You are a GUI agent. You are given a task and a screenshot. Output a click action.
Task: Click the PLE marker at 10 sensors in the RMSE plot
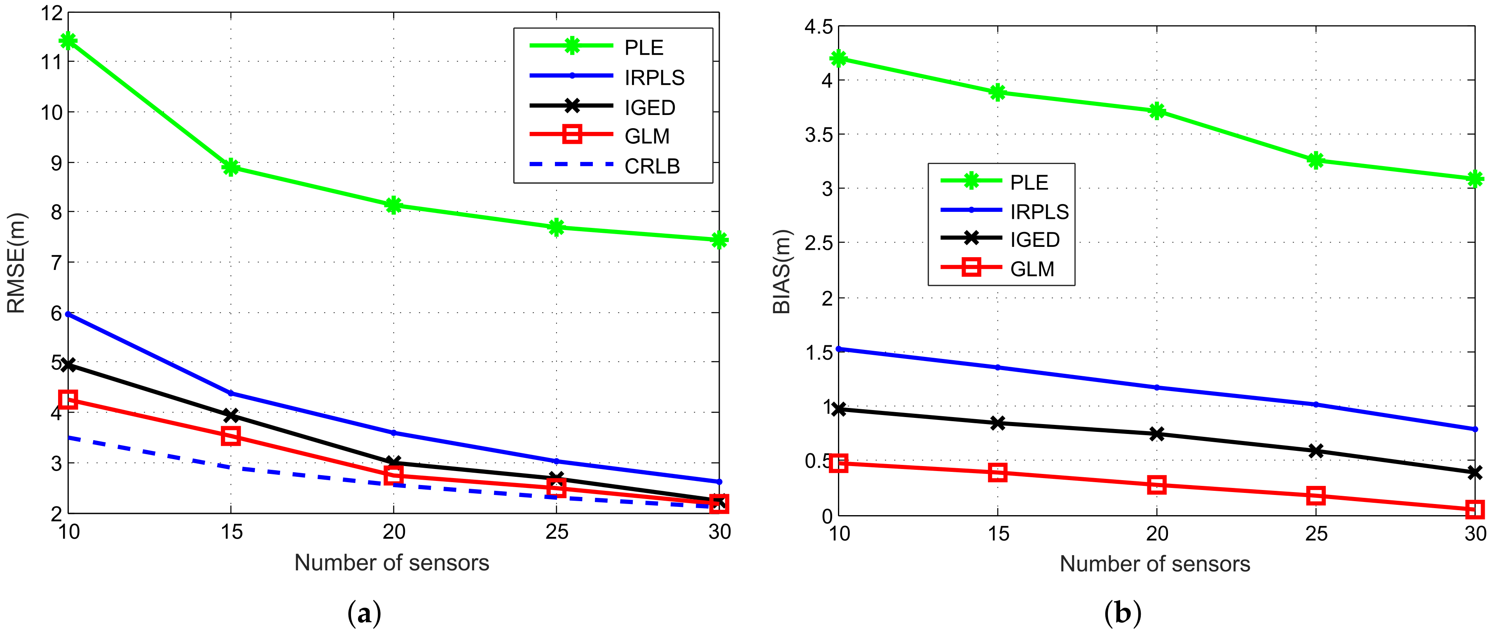[68, 41]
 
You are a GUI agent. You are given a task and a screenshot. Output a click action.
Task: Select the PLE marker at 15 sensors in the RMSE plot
[231, 168]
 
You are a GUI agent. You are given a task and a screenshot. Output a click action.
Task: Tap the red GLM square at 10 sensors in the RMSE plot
[68, 399]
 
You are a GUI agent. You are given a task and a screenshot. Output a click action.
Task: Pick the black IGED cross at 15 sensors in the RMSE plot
[231, 415]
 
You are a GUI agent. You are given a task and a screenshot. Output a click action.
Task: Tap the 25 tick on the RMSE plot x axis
[557, 532]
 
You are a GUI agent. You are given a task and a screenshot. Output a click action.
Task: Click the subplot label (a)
[364, 613]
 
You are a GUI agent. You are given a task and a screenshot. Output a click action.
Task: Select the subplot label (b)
[1123, 613]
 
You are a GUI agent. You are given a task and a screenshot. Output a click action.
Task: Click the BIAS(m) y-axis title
[782, 271]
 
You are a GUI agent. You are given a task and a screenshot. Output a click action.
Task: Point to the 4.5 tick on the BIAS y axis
[818, 27]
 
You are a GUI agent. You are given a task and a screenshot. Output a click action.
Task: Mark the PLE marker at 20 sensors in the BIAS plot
[1157, 111]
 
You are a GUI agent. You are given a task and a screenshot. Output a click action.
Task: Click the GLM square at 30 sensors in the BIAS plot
[1474, 509]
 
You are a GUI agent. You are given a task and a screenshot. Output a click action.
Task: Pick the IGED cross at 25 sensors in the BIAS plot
[1316, 450]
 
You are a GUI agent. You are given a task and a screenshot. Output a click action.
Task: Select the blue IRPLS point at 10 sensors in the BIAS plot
[839, 349]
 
